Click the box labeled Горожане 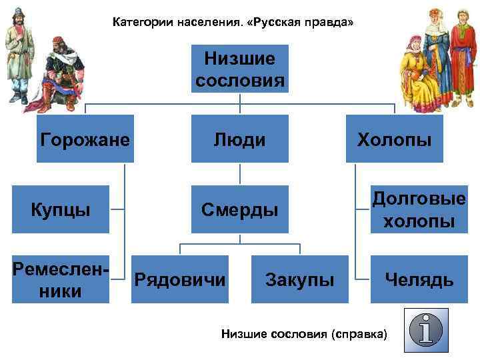[x=85, y=139]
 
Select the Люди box [x=239, y=139]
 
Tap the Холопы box [x=394, y=139]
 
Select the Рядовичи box [x=180, y=279]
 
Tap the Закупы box [x=299, y=279]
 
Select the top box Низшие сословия [x=239, y=69]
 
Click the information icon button [x=426, y=330]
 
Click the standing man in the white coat [x=19, y=53]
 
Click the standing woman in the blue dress [x=437, y=53]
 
